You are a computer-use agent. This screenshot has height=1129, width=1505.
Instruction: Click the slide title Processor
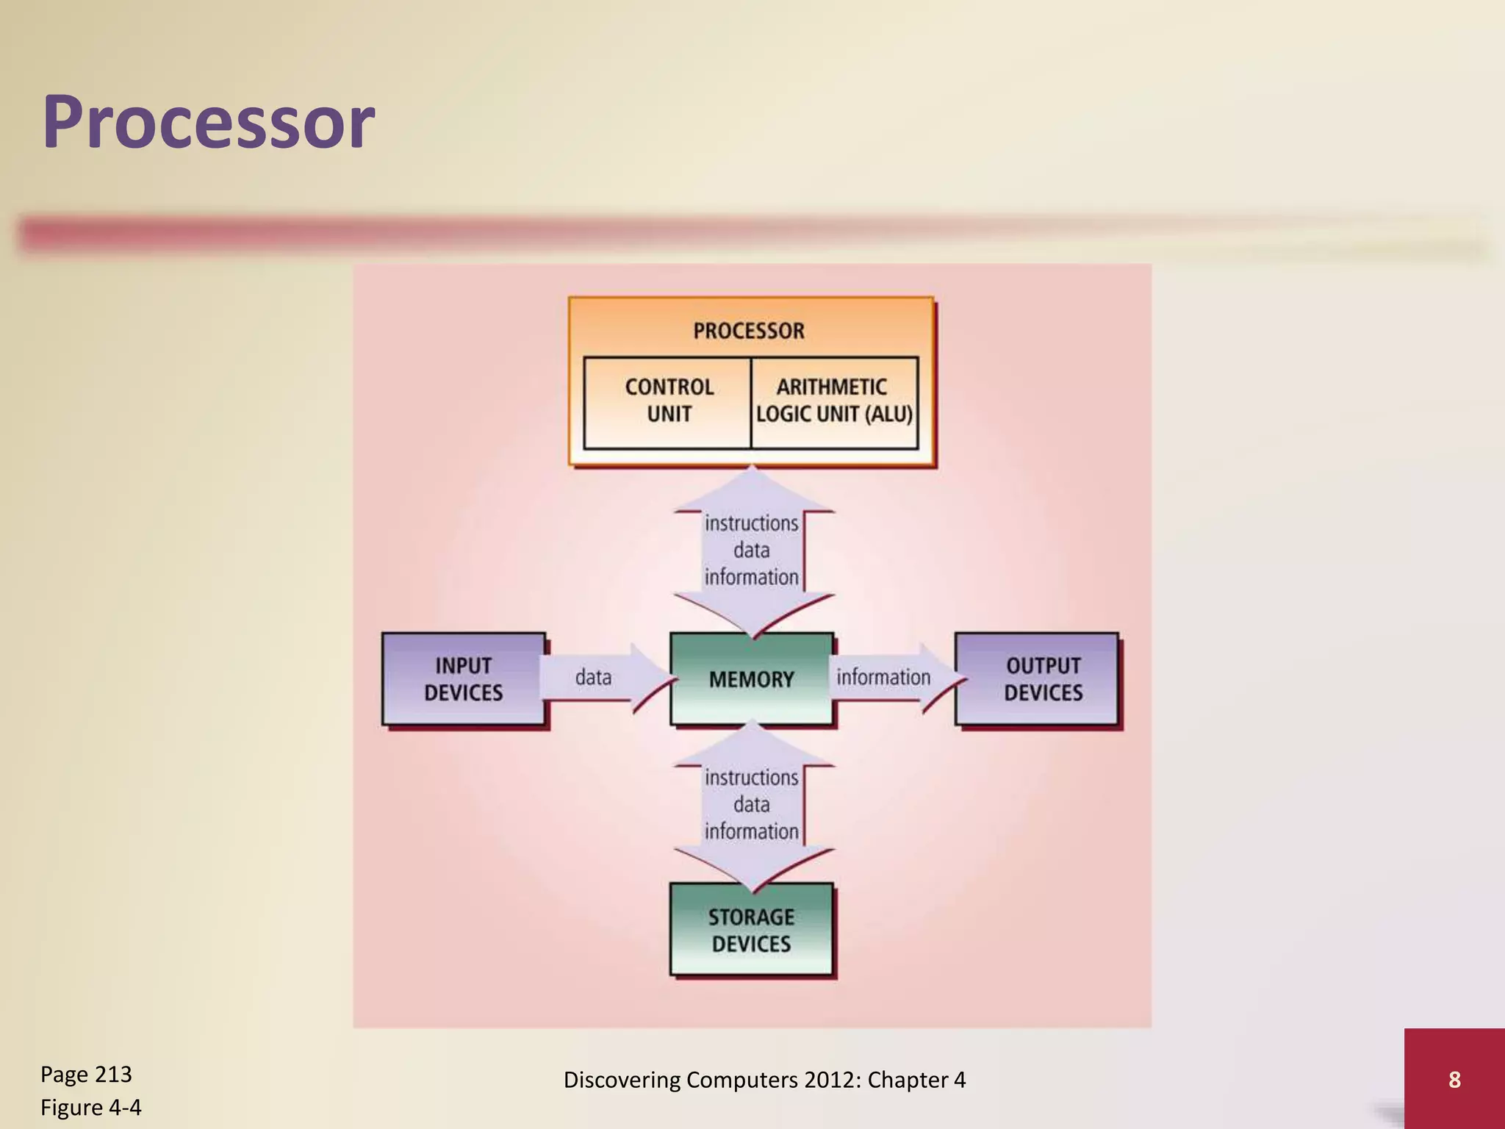(209, 123)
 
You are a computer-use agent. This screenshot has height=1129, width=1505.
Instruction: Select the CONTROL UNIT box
(668, 401)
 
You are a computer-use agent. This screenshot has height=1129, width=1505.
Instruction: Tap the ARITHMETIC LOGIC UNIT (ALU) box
(834, 401)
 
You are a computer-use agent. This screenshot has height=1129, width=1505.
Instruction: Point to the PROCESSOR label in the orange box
(749, 331)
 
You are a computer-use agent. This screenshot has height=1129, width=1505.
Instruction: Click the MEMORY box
(751, 678)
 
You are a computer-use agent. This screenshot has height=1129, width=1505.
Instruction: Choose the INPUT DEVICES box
(463, 678)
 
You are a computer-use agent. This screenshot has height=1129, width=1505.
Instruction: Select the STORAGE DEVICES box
(751, 930)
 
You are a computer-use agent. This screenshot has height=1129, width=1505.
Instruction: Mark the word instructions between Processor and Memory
(751, 523)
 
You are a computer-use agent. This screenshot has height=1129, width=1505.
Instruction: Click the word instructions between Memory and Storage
(751, 778)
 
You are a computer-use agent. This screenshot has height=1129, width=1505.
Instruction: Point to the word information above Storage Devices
(751, 831)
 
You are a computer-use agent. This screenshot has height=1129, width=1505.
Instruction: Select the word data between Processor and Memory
(751, 551)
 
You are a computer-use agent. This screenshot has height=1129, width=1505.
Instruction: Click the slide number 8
(1454, 1079)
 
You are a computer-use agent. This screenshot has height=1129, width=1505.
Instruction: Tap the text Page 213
(86, 1075)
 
